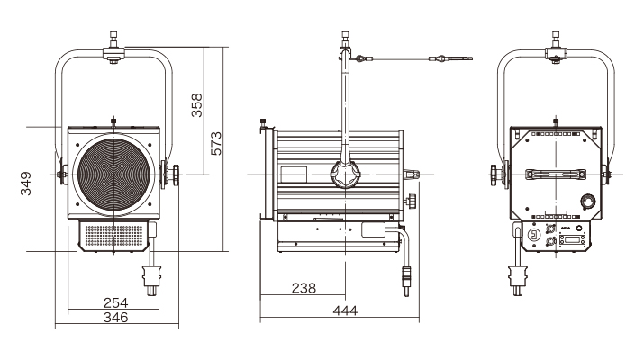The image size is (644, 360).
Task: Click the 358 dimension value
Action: [197, 105]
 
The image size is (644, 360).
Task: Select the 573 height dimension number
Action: [216, 143]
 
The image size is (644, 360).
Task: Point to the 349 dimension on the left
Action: [26, 184]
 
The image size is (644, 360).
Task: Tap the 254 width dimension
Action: [116, 302]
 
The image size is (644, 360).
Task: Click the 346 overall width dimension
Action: [116, 317]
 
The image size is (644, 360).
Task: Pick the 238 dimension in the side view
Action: [304, 288]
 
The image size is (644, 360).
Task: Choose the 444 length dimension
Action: [345, 310]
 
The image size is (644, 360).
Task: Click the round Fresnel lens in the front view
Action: [113, 175]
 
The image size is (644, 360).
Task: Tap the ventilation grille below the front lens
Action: [113, 236]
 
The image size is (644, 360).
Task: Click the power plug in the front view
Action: [151, 280]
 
